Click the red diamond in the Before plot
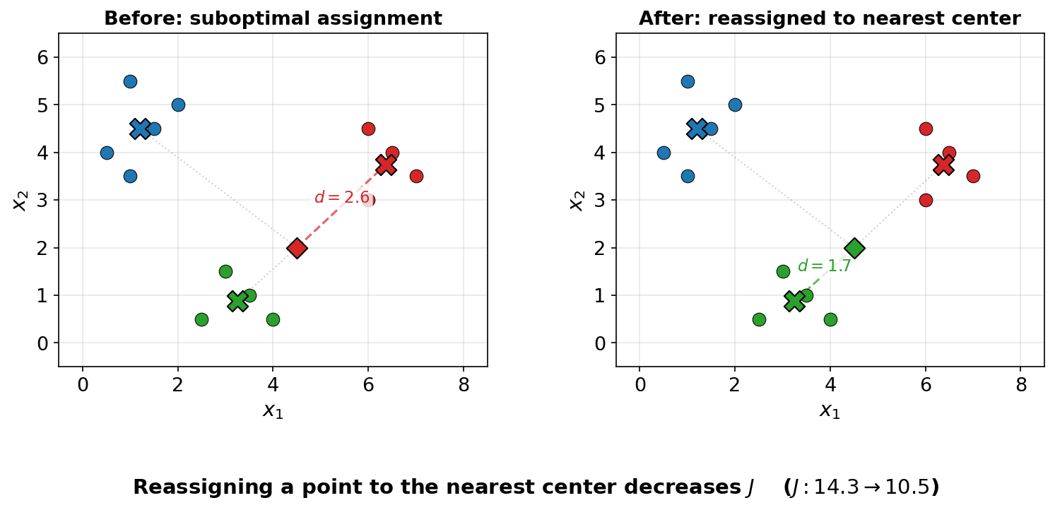(x=297, y=248)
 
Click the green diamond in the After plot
(x=854, y=248)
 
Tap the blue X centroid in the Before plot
(x=140, y=129)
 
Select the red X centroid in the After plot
(x=943, y=165)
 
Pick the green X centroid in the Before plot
(x=237, y=301)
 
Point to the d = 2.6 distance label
(x=341, y=198)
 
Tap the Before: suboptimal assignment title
(x=273, y=19)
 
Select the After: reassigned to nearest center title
(x=830, y=19)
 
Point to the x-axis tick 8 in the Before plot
(x=464, y=384)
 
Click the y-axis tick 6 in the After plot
(x=601, y=57)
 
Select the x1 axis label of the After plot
(x=830, y=410)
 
